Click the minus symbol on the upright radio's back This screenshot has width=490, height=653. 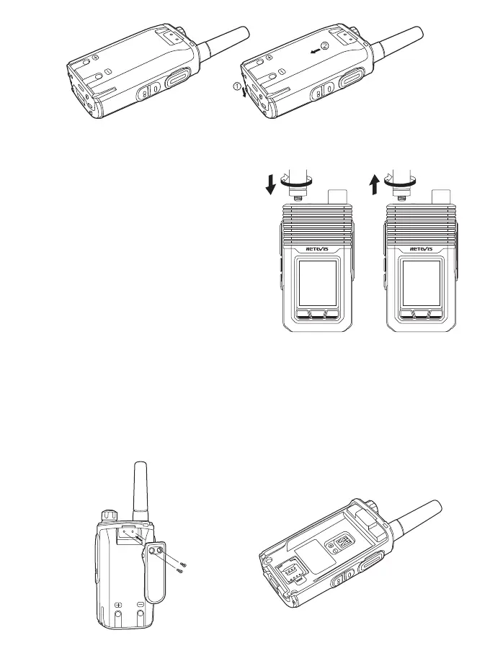[141, 604]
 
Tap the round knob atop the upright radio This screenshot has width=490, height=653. [110, 515]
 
